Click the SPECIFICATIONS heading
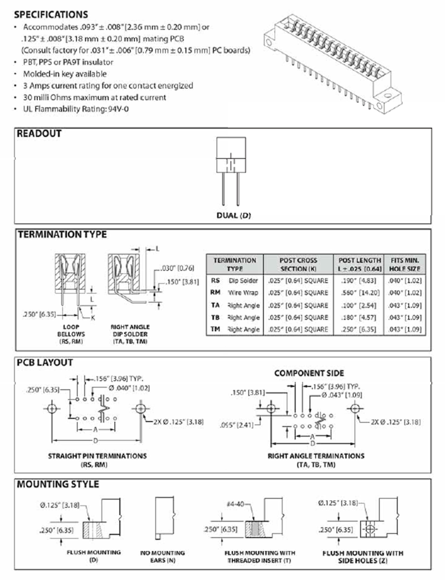51,14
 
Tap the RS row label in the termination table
215,280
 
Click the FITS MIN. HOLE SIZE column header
405,264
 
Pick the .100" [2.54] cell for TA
359,305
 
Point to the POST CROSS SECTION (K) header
298,264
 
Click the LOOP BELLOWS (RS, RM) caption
71,334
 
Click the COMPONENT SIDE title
309,373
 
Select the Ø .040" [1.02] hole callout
129,388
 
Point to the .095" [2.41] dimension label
236,425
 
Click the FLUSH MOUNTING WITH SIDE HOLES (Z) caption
363,557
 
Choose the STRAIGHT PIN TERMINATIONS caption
97,456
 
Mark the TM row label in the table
215,329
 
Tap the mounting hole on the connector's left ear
269,42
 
